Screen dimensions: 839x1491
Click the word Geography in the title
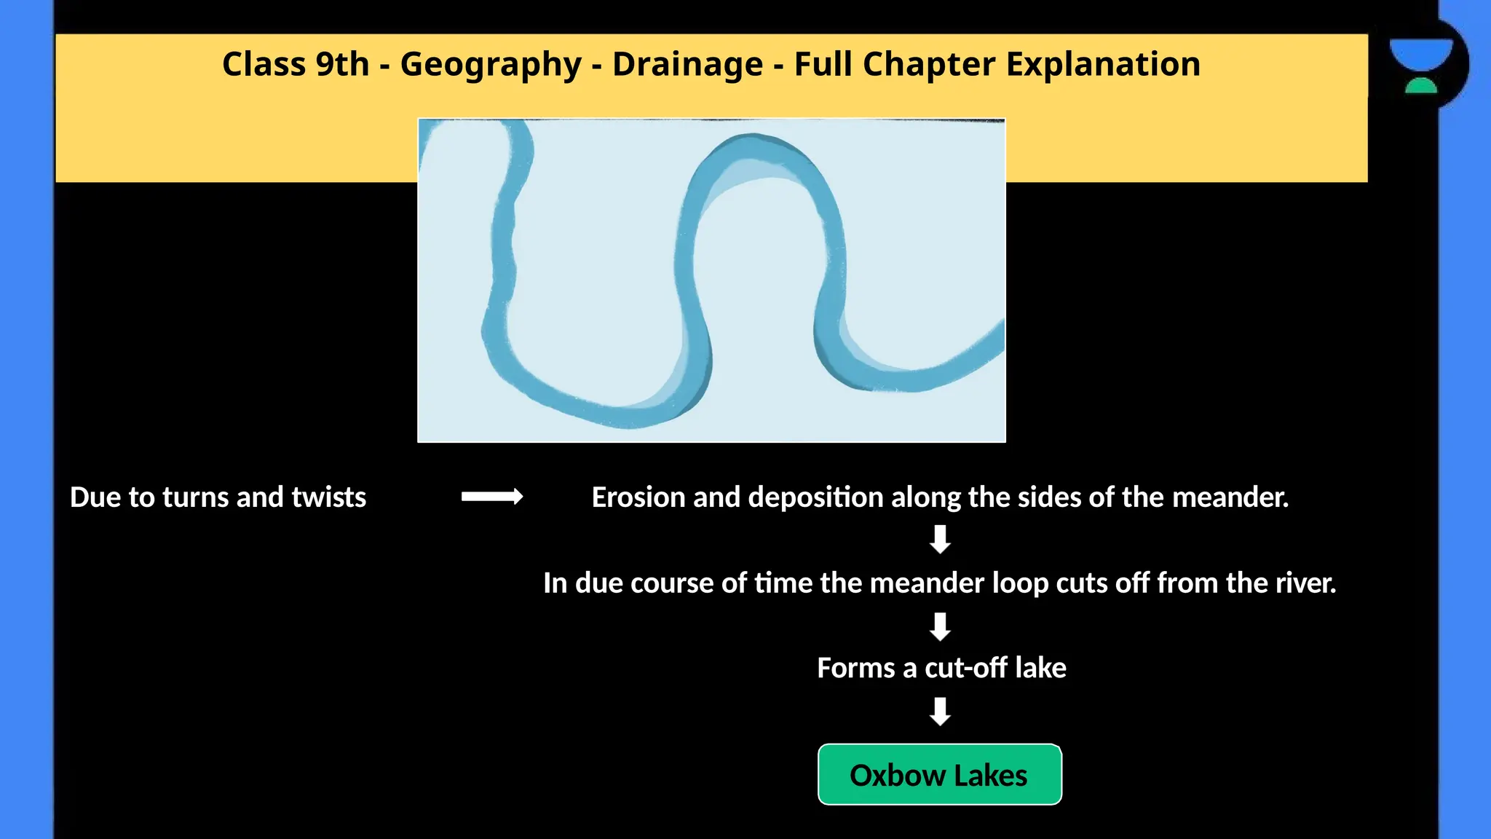click(491, 65)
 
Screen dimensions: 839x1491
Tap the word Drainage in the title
click(687, 64)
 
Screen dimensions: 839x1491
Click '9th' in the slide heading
click(342, 64)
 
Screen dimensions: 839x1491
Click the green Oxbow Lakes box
click(939, 775)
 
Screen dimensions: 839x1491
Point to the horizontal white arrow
click(492, 497)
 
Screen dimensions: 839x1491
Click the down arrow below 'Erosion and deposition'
click(940, 539)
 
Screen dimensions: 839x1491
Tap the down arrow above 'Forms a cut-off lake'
click(940, 626)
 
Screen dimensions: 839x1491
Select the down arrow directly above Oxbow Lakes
click(940, 711)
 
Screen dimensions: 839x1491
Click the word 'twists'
click(328, 497)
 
